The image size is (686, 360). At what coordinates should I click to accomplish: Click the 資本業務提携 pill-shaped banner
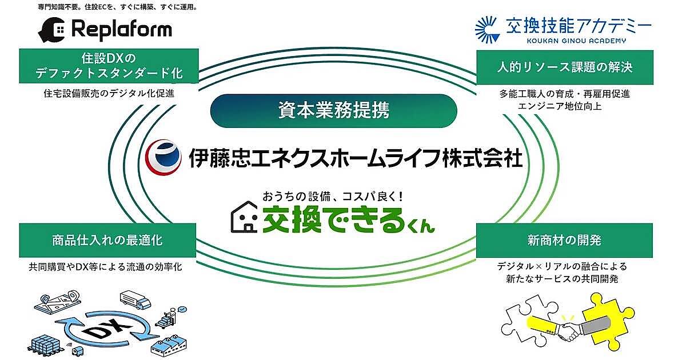point(334,110)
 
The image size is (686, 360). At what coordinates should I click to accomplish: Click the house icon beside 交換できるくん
point(244,219)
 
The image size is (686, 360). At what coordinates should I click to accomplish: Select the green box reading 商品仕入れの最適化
point(109,241)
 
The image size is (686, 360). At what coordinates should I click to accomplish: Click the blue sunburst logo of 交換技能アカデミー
point(487,29)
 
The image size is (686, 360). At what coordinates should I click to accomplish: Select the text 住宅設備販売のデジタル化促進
point(109,93)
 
